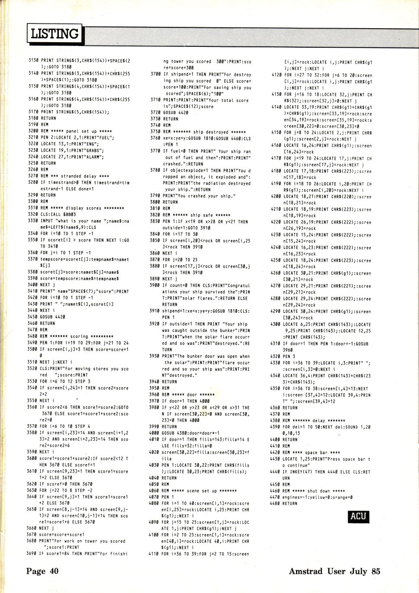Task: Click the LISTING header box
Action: click(x=55, y=33)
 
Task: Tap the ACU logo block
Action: click(x=358, y=516)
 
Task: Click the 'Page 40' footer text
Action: click(x=42, y=571)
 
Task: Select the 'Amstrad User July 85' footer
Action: click(x=334, y=571)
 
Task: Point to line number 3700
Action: click(x=156, y=74)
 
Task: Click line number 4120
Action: click(x=276, y=75)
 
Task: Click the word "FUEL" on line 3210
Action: click(x=107, y=138)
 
